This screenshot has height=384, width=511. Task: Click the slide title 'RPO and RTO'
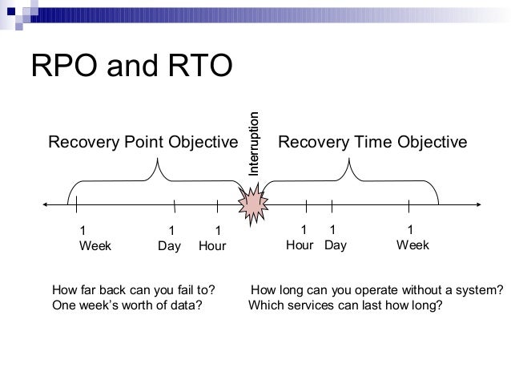(x=131, y=65)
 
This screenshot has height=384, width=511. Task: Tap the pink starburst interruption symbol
(x=253, y=204)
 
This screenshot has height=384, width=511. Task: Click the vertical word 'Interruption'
(x=254, y=143)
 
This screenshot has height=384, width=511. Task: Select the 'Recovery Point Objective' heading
(x=143, y=142)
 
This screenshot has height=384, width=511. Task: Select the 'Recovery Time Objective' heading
(x=372, y=142)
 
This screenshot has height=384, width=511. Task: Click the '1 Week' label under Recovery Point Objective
(x=95, y=238)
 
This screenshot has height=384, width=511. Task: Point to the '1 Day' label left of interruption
(x=170, y=238)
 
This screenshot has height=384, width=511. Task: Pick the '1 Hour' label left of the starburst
(x=212, y=238)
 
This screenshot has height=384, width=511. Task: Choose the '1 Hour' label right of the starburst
(x=300, y=237)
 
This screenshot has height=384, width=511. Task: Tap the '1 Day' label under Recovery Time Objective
(x=336, y=238)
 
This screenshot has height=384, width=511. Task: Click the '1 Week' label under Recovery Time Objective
(x=412, y=237)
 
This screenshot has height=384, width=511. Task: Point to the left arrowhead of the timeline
(x=46, y=204)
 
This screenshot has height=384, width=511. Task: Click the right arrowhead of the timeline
(x=479, y=204)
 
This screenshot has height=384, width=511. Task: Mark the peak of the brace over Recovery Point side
(x=158, y=159)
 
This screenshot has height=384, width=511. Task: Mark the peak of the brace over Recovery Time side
(x=349, y=159)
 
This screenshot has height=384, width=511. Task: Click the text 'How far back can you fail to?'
(x=134, y=289)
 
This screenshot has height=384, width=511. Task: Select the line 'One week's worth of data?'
(x=127, y=305)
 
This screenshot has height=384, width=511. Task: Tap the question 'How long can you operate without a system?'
(x=377, y=290)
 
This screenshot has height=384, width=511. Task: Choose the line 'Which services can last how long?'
(x=345, y=305)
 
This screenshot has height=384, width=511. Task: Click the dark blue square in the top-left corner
(x=11, y=12)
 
